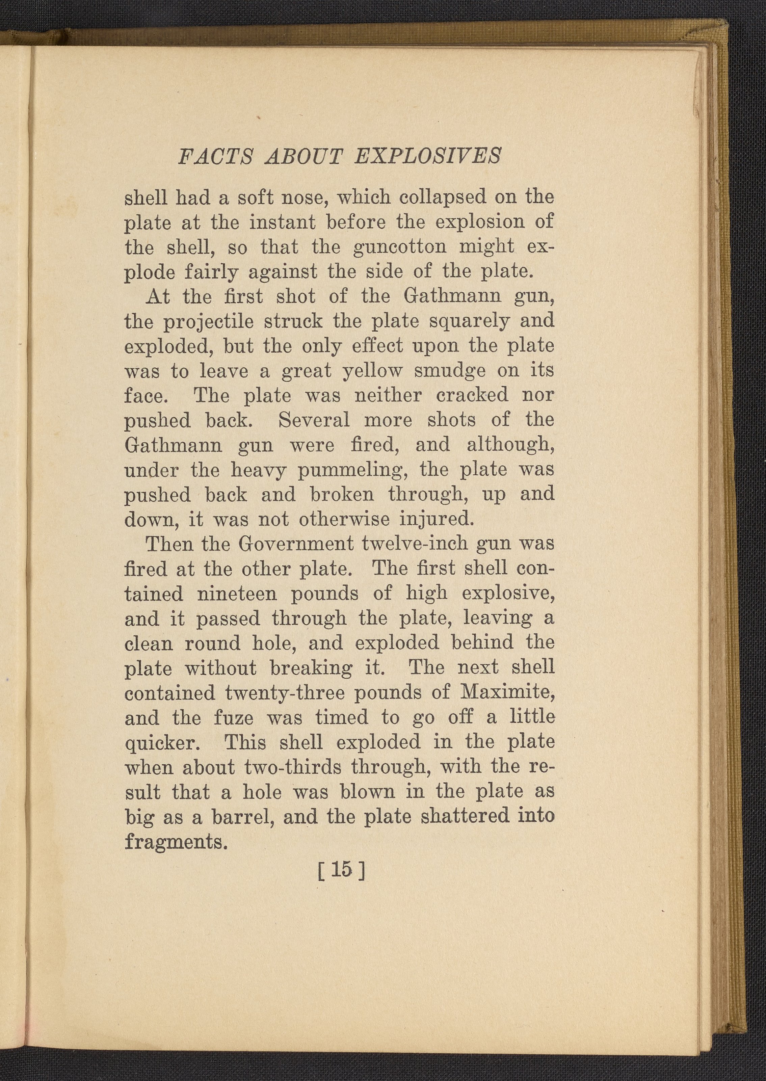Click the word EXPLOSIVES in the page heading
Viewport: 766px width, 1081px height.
click(427, 156)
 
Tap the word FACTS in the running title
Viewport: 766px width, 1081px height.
click(216, 156)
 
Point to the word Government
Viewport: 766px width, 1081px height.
click(296, 544)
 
